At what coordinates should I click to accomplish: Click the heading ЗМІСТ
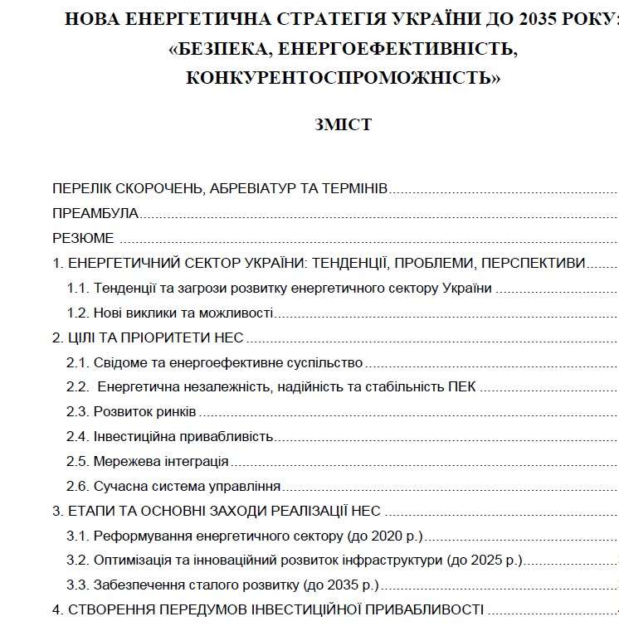[x=343, y=125]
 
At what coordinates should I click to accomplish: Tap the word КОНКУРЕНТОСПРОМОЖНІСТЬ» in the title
[x=344, y=78]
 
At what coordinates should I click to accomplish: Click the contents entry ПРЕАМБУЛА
[x=95, y=214]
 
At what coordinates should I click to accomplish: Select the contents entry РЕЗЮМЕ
[x=83, y=239]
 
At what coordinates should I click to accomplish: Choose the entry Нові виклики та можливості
[x=183, y=313]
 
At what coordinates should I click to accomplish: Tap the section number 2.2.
[x=78, y=387]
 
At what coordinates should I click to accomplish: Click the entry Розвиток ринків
[x=145, y=412]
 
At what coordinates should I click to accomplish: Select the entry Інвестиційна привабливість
[x=183, y=437]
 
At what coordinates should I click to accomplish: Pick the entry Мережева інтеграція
[x=161, y=462]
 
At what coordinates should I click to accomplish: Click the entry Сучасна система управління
[x=187, y=487]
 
